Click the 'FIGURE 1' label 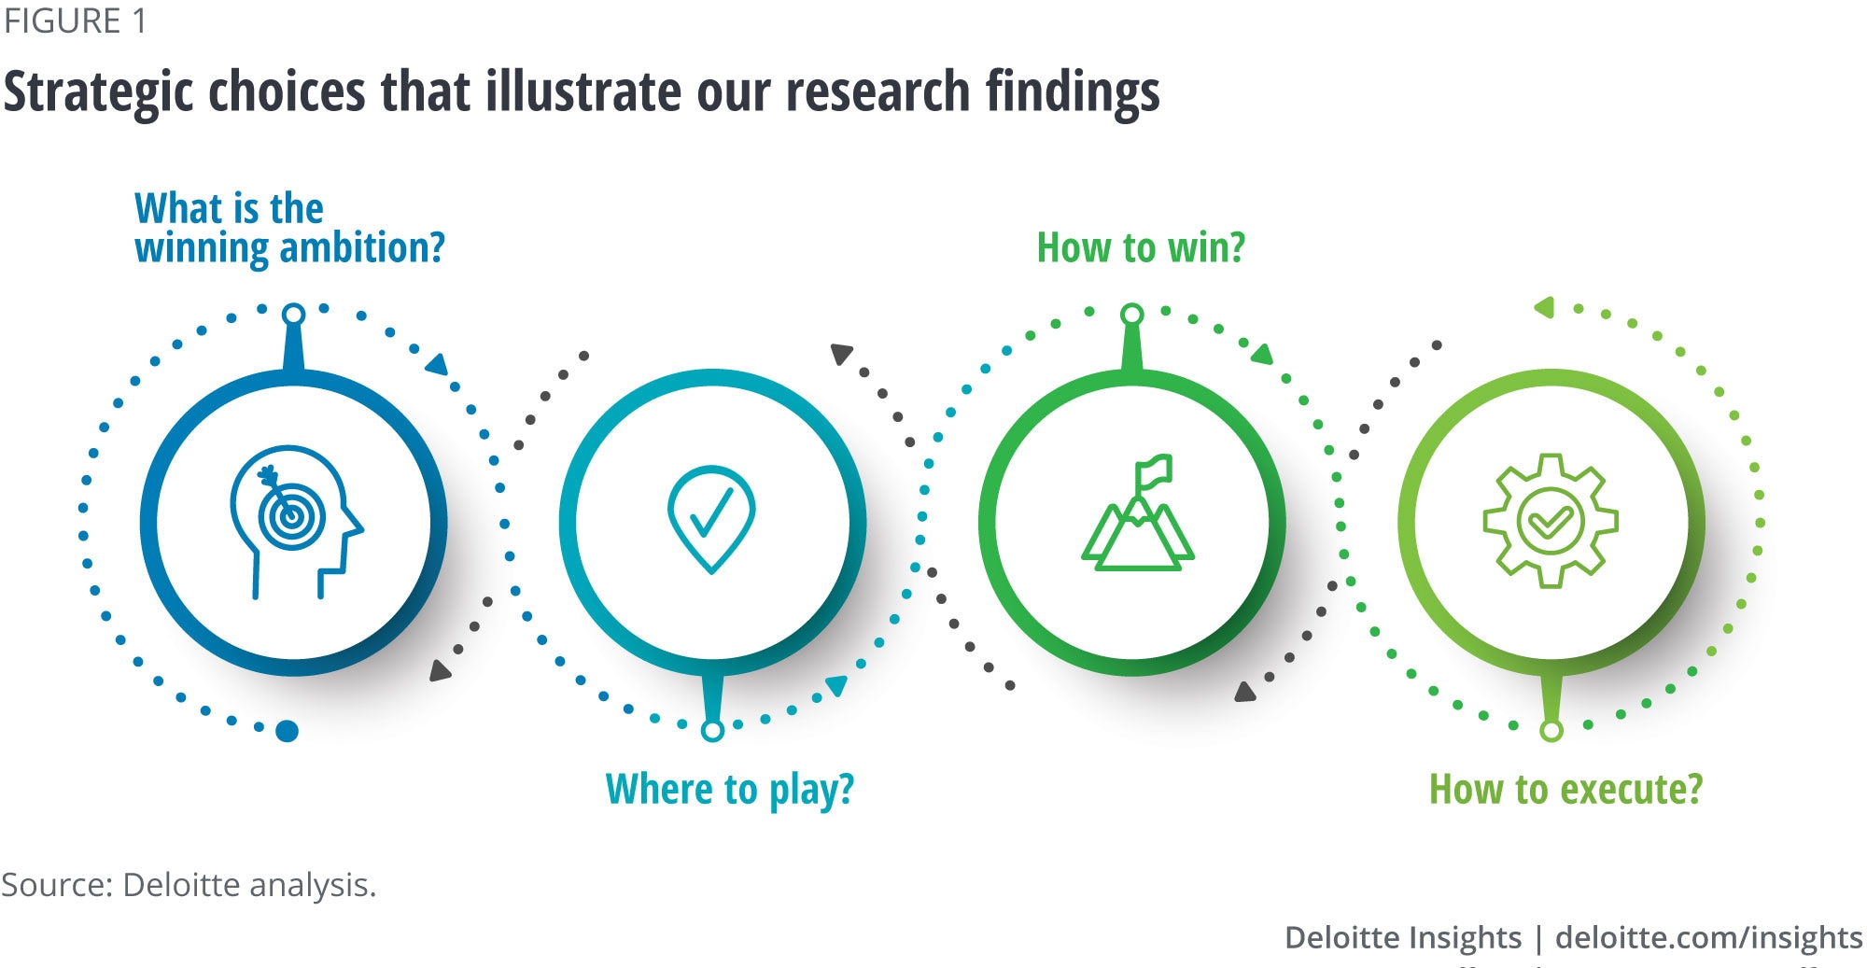coord(75,21)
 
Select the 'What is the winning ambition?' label coord(289,229)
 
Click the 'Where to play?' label coord(730,790)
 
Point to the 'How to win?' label coord(1141,248)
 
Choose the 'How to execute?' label coord(1566,790)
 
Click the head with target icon coord(296,522)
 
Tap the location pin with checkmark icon coord(711,519)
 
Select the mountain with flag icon coord(1138,512)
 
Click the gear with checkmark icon coord(1551,521)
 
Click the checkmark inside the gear coord(1551,521)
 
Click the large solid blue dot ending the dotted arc coord(288,731)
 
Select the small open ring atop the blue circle coord(294,314)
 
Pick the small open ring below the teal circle coord(712,730)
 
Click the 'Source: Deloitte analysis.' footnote coord(189,885)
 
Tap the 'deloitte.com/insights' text coord(1709,937)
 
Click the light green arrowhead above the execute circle coord(1544,307)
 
